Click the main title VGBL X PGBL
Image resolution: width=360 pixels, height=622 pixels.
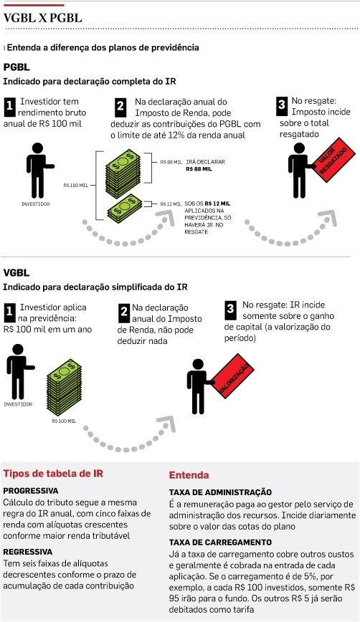(x=43, y=18)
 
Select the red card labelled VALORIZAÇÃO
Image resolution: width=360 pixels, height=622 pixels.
(x=232, y=375)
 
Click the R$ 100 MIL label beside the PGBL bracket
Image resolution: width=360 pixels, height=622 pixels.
(x=75, y=186)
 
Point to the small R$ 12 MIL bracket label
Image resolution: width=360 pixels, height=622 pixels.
(x=171, y=204)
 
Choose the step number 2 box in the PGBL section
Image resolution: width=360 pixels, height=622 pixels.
(x=120, y=107)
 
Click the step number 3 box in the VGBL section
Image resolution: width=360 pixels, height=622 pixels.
(x=230, y=308)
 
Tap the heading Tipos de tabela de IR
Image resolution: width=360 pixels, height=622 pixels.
(x=53, y=473)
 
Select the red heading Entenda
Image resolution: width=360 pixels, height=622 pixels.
(x=189, y=475)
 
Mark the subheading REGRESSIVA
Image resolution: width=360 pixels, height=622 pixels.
(x=28, y=552)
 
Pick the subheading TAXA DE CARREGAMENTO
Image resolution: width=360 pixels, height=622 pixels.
(x=220, y=542)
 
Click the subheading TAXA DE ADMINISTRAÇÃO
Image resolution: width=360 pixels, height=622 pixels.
(x=220, y=492)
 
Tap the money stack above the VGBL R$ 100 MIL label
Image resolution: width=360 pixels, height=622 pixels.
(x=64, y=387)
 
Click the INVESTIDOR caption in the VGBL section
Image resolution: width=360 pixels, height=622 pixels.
(x=18, y=404)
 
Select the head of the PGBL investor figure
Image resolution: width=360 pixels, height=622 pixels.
(x=37, y=148)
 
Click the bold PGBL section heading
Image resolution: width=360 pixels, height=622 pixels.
(x=16, y=67)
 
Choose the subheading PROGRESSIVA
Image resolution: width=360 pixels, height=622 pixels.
(x=31, y=491)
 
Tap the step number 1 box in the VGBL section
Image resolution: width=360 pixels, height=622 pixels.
(x=9, y=312)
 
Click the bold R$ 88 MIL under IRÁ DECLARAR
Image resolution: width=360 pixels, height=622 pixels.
(x=199, y=169)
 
